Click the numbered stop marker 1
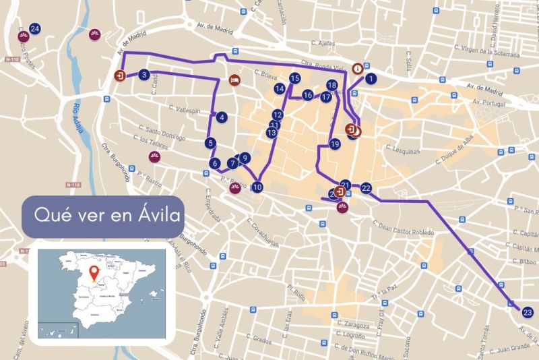371,78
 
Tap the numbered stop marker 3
144,76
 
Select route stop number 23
527,311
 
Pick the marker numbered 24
34,28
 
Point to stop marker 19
335,144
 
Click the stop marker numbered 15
294,79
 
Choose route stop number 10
257,187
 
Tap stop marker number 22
366,188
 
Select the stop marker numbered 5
211,143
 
